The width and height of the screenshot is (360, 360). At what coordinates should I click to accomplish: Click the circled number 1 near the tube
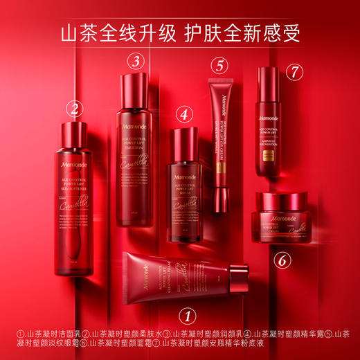click(186, 316)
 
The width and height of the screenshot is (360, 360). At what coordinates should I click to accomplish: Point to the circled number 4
click(183, 114)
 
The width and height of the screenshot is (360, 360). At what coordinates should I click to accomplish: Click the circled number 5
click(219, 66)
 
